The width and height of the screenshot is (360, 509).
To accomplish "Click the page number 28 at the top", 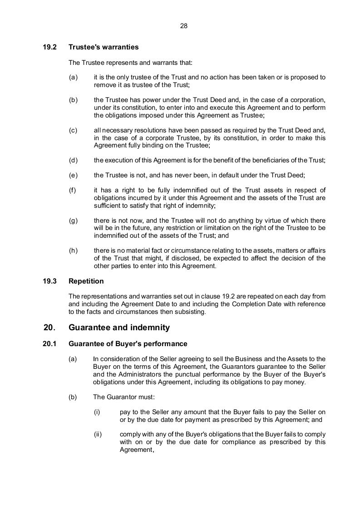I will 184,26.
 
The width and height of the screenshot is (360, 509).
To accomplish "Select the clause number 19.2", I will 50,47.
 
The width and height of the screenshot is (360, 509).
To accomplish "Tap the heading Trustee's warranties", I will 104,47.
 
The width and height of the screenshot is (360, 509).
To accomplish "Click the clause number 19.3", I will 50,281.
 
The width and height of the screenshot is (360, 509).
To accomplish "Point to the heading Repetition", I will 86,281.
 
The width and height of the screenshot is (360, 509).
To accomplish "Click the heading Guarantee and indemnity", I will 119,328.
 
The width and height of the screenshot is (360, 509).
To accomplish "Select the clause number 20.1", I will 50,344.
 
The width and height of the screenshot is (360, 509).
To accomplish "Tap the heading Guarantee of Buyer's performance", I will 128,344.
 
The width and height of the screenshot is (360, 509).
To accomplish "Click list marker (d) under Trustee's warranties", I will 73,160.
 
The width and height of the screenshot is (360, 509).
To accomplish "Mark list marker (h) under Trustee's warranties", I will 73,251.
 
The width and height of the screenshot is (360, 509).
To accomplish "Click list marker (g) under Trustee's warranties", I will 73,220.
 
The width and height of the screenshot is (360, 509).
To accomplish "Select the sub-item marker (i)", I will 97,412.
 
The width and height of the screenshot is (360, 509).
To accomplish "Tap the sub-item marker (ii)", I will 98,434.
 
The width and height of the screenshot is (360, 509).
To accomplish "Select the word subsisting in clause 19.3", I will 190,312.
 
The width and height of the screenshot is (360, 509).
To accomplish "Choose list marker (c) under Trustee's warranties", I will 73,130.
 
